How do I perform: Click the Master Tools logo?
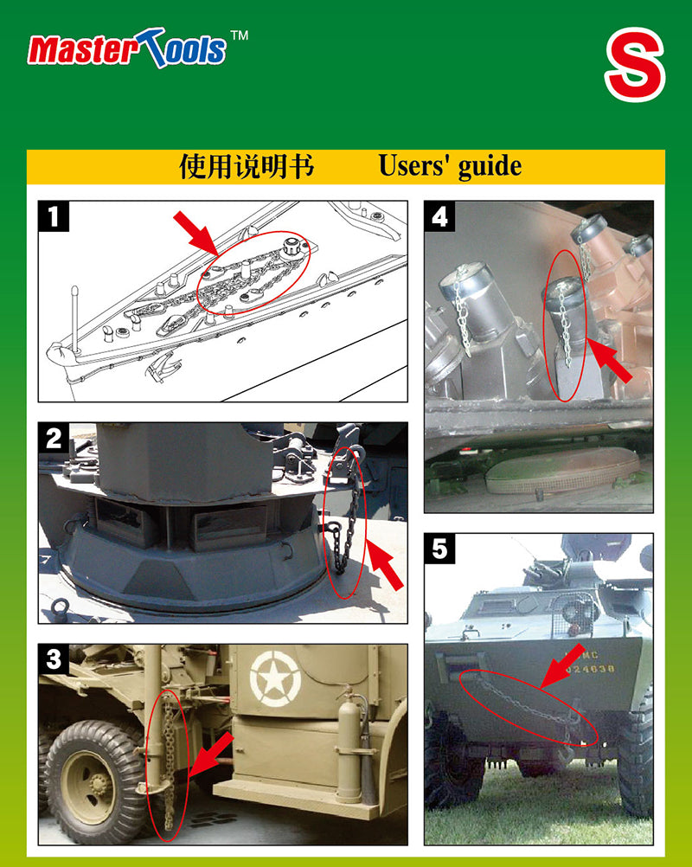pos(126,48)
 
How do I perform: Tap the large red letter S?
pos(635,64)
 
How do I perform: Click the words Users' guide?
pos(449,166)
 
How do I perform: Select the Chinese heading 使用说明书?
pos(246,166)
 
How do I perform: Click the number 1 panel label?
pos(53,216)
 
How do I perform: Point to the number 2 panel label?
pos(53,439)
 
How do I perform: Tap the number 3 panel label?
pos(53,659)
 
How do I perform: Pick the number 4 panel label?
pos(439,216)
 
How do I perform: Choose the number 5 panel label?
pos(439,549)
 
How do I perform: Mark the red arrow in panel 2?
pos(385,565)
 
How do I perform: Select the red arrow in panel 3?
pos(212,755)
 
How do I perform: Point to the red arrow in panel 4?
pos(609,360)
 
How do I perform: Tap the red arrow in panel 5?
pos(561,666)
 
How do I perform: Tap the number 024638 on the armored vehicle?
pos(590,669)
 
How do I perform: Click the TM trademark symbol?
pos(239,35)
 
